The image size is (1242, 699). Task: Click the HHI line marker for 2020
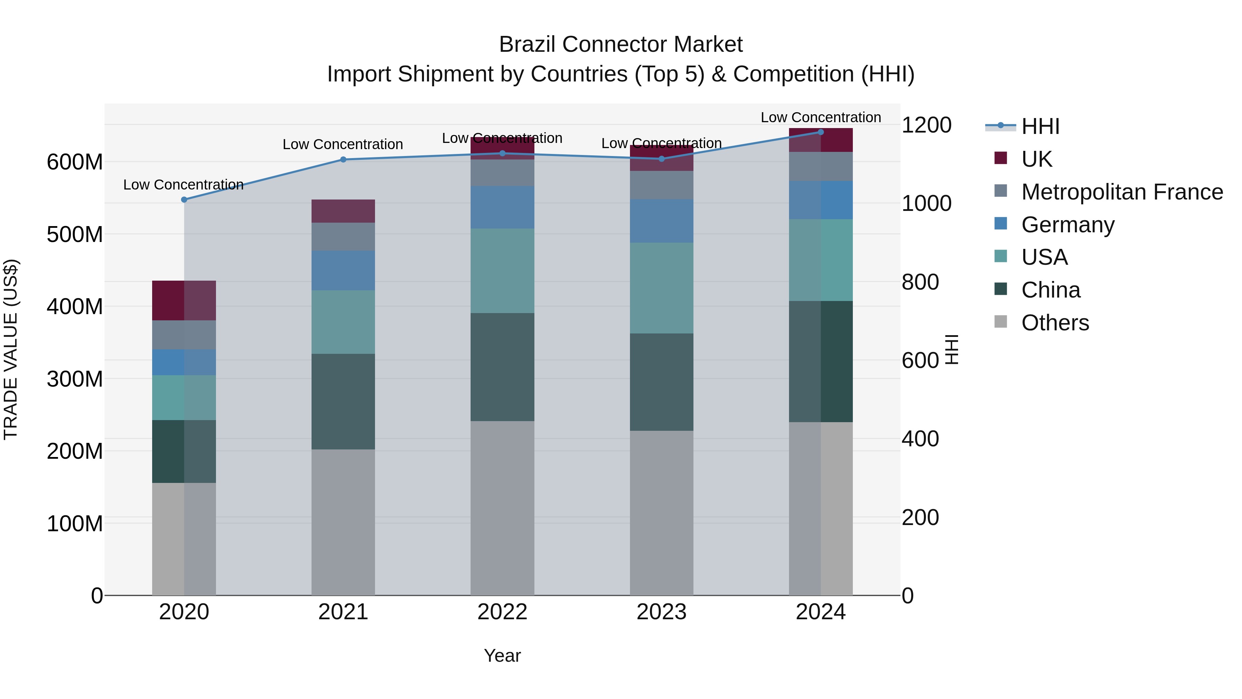click(184, 200)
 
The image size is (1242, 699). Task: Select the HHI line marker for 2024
click(821, 132)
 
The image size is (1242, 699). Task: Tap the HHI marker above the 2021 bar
click(343, 160)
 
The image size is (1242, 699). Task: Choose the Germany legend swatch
click(1001, 224)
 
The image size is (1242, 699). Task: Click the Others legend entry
click(1055, 323)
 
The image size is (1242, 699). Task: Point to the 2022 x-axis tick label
click(502, 612)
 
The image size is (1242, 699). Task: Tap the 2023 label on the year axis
click(661, 612)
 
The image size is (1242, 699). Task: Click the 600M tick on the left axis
click(75, 162)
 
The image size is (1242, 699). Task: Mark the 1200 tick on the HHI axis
click(927, 125)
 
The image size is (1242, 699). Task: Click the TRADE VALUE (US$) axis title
click(11, 349)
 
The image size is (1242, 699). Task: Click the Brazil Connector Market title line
click(621, 45)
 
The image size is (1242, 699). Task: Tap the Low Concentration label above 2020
click(183, 185)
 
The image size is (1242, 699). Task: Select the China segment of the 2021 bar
click(343, 401)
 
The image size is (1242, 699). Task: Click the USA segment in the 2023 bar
click(661, 288)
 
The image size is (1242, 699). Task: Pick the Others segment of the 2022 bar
click(502, 508)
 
